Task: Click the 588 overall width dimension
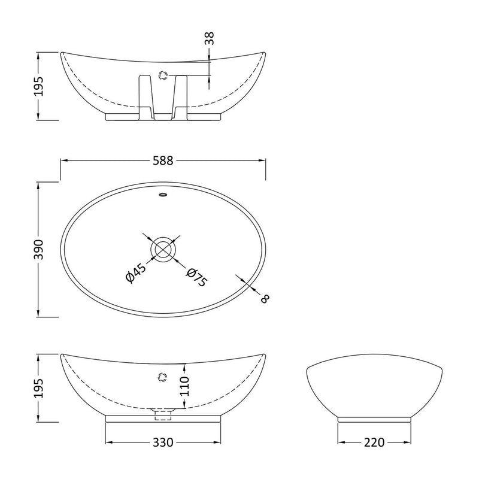click(163, 160)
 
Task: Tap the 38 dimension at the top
click(209, 39)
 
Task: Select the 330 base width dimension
click(163, 442)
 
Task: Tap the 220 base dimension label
click(374, 442)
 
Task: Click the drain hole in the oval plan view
click(163, 248)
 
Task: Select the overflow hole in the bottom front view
click(161, 376)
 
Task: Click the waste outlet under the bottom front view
click(163, 413)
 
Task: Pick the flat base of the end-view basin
click(374, 420)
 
